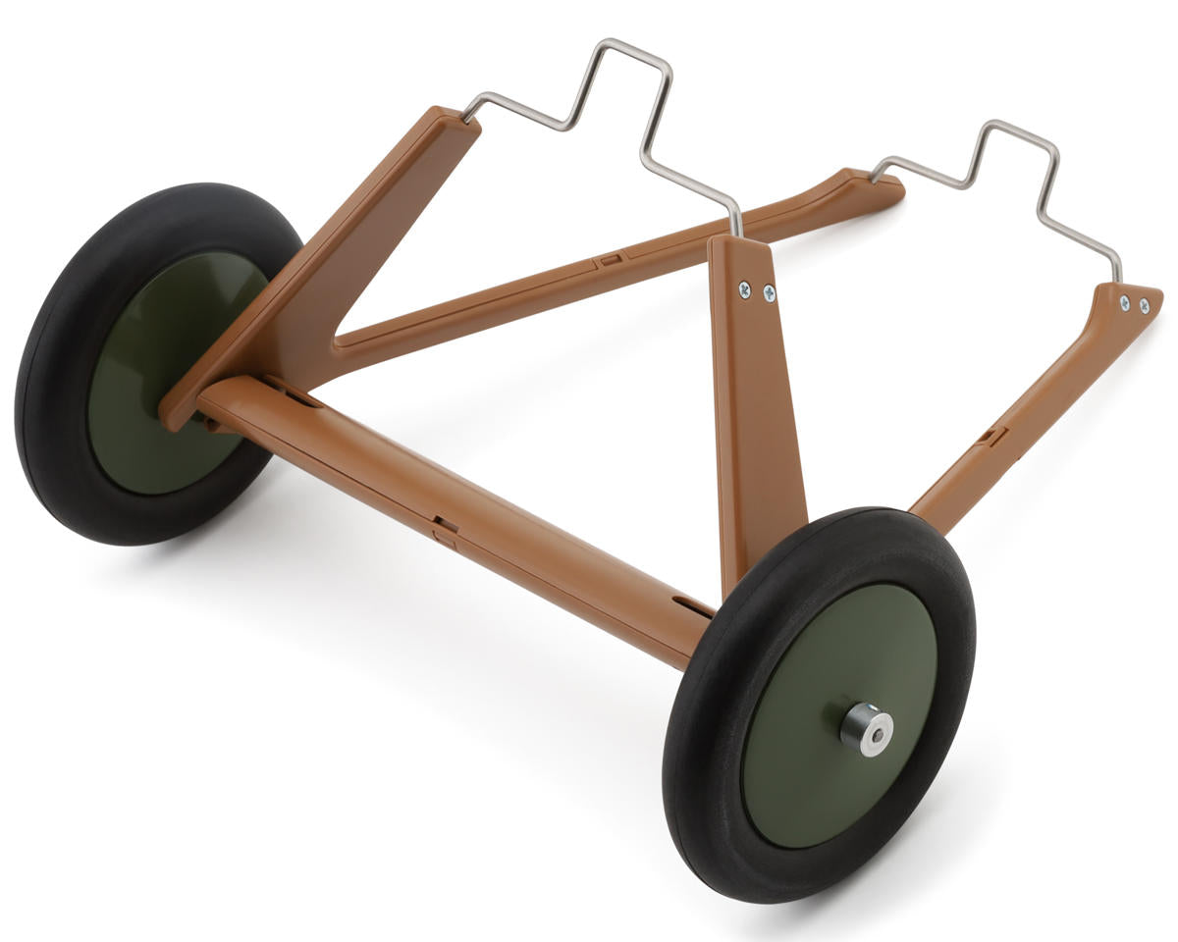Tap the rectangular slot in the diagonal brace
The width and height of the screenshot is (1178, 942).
pos(610,259)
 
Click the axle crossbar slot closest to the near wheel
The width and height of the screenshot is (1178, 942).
pos(693,604)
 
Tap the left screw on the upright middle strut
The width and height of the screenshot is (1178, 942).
pos(745,288)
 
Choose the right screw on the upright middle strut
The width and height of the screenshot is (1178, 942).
pos(768,292)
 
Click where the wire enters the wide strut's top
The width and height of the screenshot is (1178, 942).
pos(466,118)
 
